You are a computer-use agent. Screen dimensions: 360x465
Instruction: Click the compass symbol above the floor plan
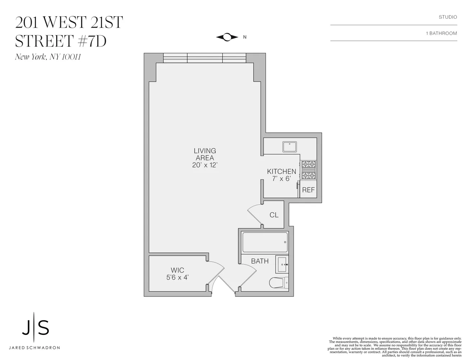pyautogui.click(x=227, y=37)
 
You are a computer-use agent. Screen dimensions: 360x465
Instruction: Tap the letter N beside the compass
pyautogui.click(x=245, y=37)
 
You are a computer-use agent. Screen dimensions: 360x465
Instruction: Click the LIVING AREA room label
pyautogui.click(x=205, y=154)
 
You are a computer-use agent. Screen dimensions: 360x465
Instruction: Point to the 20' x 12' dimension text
pyautogui.click(x=205, y=165)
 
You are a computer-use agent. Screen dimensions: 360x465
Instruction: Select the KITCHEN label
pyautogui.click(x=282, y=172)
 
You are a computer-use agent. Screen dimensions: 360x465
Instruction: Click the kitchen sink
pyautogui.click(x=290, y=147)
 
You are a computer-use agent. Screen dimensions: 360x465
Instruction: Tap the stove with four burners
pyautogui.click(x=309, y=170)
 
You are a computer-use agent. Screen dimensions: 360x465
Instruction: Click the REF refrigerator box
pyautogui.click(x=308, y=190)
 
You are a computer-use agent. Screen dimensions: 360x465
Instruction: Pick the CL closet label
pyautogui.click(x=274, y=215)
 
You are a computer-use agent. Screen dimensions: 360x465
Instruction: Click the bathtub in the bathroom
pyautogui.click(x=265, y=242)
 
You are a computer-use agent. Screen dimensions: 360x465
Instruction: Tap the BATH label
pyautogui.click(x=260, y=261)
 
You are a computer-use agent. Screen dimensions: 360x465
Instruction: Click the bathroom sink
pyautogui.click(x=282, y=265)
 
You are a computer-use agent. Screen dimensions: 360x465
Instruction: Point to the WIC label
pyautogui.click(x=178, y=270)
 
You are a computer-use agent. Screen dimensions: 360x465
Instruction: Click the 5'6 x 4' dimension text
pyautogui.click(x=178, y=278)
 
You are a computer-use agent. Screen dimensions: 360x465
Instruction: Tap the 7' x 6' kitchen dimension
pyautogui.click(x=281, y=179)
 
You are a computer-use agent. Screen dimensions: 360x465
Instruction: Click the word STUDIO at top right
pyautogui.click(x=448, y=17)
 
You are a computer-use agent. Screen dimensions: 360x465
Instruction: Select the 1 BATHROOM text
pyautogui.click(x=441, y=33)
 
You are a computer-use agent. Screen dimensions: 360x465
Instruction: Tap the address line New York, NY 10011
pyautogui.click(x=47, y=57)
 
